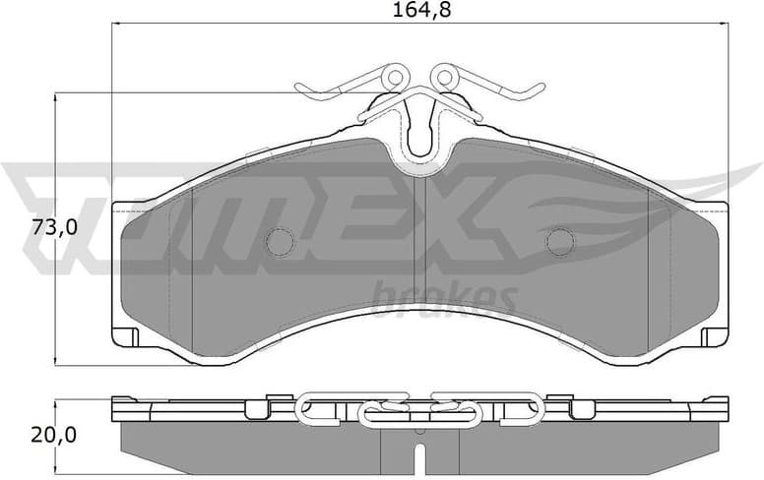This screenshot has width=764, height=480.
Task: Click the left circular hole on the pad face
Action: click(x=282, y=241)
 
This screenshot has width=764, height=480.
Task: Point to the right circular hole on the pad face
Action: click(x=560, y=241)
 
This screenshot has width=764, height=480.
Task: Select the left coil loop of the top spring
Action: click(x=396, y=76)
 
